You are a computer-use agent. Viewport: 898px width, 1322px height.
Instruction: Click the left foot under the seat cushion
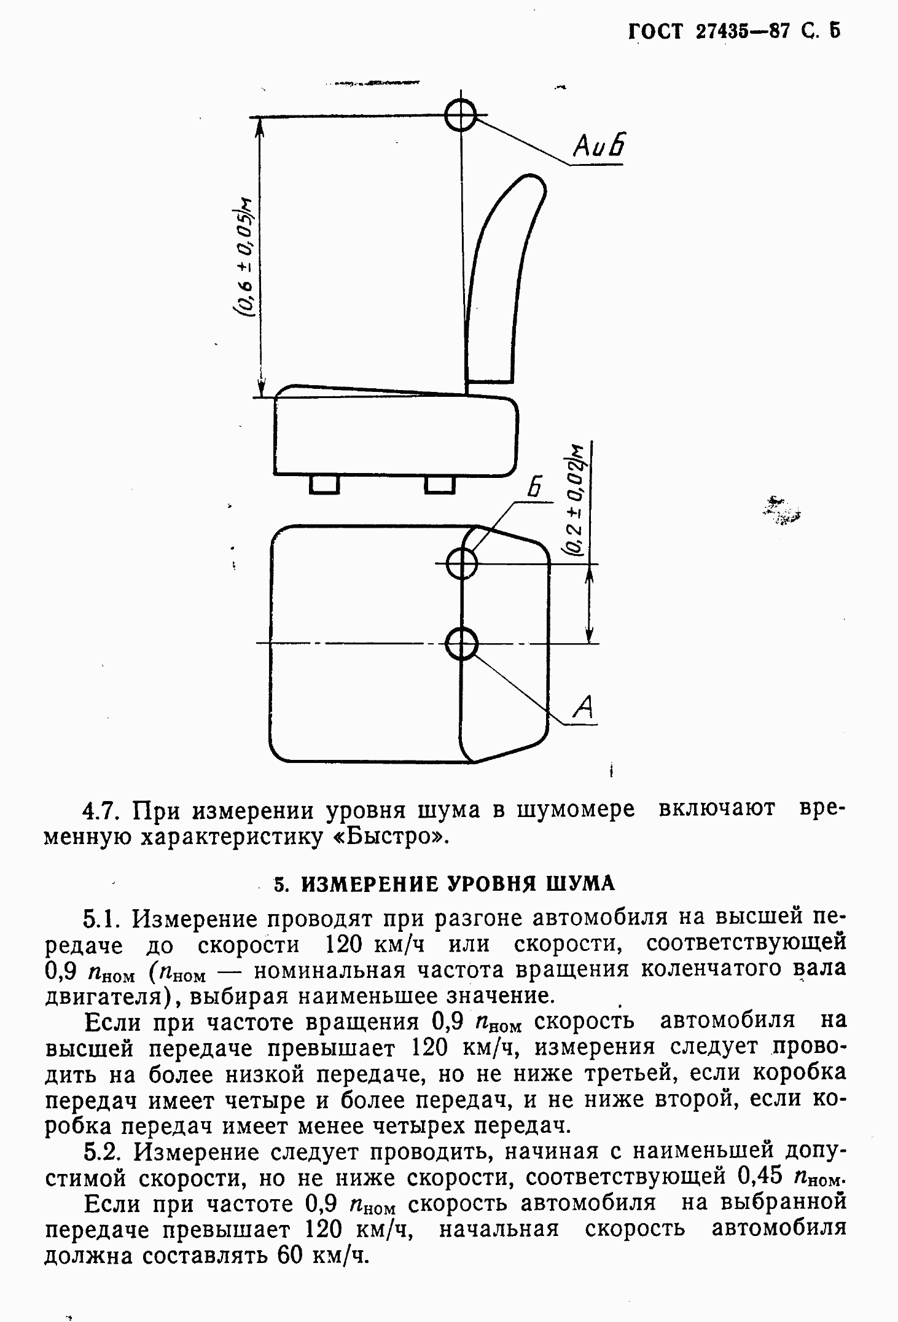[x=324, y=484]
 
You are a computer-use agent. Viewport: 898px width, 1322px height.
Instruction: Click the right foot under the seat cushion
[x=440, y=484]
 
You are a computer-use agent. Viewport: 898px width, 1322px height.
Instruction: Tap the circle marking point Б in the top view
[x=461, y=563]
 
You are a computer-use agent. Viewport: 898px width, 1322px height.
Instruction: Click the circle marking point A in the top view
[x=461, y=644]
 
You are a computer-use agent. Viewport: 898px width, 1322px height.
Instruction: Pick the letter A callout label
[x=584, y=706]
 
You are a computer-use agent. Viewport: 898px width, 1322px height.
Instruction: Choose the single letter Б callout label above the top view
[x=535, y=488]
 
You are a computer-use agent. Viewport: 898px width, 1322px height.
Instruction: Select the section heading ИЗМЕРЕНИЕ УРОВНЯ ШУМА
[x=458, y=883]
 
